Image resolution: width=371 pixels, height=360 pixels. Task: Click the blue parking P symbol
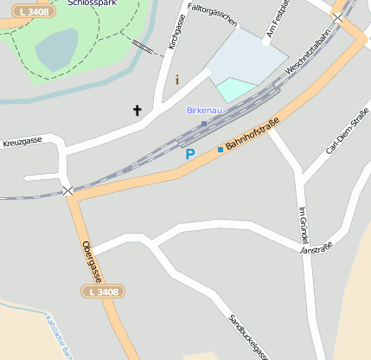pos(190,154)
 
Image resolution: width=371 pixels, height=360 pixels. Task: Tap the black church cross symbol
pos(136,110)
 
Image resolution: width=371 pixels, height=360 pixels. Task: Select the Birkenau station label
pos(204,111)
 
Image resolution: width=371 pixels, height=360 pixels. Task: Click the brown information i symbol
pos(177,80)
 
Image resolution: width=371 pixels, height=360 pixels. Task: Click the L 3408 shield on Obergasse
pos(104,292)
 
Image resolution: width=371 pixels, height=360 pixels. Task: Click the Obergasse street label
pos(91,260)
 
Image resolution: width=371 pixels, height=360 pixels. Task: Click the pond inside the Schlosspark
pos(56,48)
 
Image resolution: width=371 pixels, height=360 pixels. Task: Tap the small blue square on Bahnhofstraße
pos(220,150)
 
